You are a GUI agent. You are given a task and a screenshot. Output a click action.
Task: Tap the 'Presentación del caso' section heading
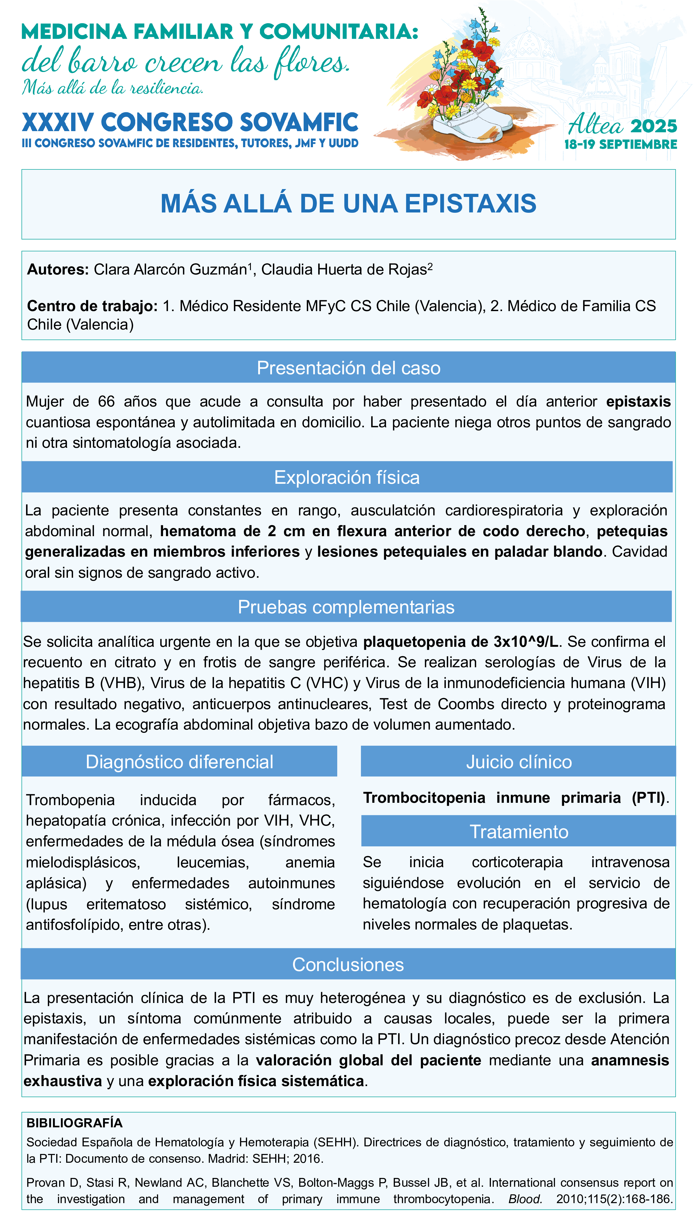pyautogui.click(x=348, y=368)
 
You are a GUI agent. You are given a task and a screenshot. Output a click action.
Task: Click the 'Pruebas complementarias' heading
pyautogui.click(x=346, y=607)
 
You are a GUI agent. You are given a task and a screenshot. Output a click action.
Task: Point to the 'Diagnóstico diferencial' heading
pyautogui.click(x=179, y=762)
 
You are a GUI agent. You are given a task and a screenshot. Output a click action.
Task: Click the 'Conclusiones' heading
pyautogui.click(x=348, y=964)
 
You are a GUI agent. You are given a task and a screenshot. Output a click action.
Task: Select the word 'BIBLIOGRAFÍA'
pyautogui.click(x=74, y=1123)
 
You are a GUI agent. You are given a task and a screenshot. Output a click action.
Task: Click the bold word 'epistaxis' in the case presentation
pyautogui.click(x=638, y=402)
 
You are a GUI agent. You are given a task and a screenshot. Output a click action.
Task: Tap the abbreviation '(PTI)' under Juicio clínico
pyautogui.click(x=649, y=798)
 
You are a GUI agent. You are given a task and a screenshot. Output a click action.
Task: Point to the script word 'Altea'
pyautogui.click(x=595, y=125)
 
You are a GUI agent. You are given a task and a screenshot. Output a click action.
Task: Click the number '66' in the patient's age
pyautogui.click(x=106, y=402)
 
